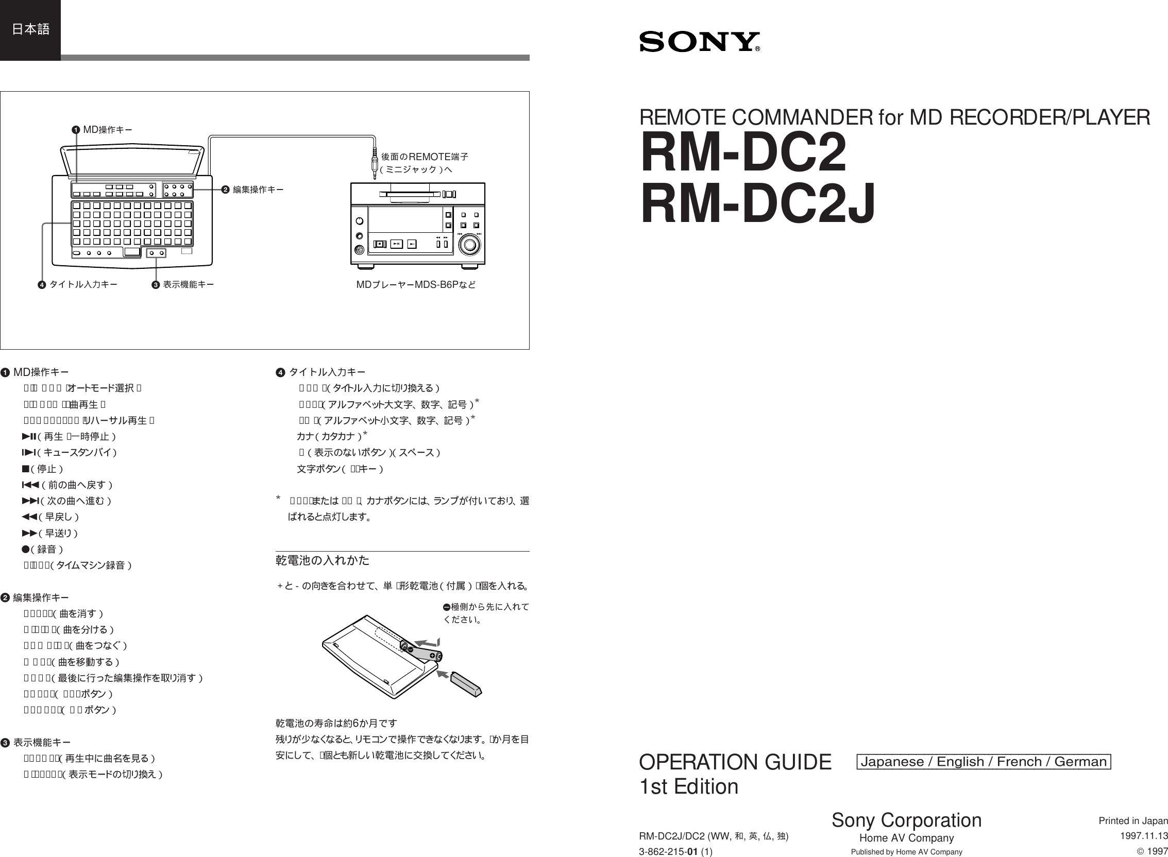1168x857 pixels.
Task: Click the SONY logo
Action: coord(699,42)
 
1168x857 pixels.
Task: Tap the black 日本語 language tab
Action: coord(30,29)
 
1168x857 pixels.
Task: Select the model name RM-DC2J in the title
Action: coord(757,203)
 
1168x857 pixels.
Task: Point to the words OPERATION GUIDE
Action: coord(735,762)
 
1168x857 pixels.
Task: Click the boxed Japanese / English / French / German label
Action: coord(983,762)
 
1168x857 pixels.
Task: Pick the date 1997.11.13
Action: coord(1144,836)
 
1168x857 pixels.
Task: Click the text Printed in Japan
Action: coord(1133,820)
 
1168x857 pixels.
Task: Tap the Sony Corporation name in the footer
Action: coord(906,820)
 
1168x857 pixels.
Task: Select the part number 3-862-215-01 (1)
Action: coord(675,852)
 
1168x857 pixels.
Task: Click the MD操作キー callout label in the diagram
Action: coord(107,129)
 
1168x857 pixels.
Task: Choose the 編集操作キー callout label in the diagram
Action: coord(258,190)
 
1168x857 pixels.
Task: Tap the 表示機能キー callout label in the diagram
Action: coord(189,284)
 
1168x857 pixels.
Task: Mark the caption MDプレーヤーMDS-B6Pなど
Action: coord(416,284)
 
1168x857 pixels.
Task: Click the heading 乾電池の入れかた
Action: coord(322,560)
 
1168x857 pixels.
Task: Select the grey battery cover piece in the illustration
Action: coord(466,683)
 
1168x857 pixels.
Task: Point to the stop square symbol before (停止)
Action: coord(25,469)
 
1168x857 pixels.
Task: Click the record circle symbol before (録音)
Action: coord(25,549)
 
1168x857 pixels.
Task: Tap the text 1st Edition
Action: coord(688,786)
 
